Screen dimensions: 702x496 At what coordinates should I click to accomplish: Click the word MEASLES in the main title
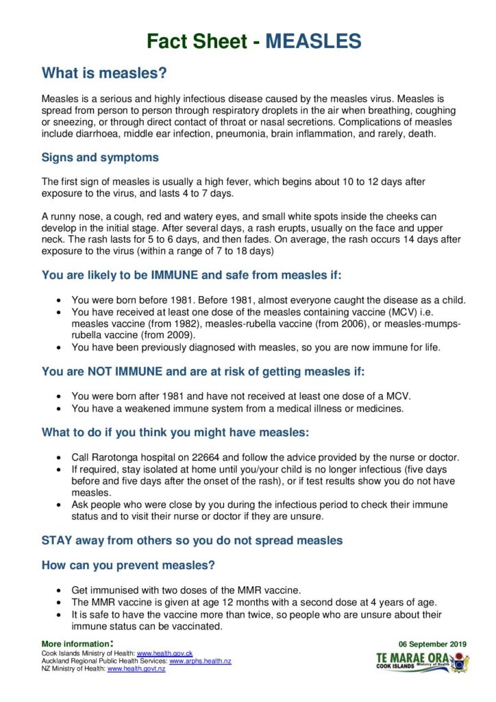313,42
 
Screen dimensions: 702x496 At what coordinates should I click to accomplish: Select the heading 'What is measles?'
104,73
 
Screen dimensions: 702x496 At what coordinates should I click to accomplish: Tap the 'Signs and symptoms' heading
100,158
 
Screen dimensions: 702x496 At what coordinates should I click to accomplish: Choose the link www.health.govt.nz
136,668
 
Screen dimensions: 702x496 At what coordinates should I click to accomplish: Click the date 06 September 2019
432,644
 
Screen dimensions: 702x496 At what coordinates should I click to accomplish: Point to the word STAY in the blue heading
58,540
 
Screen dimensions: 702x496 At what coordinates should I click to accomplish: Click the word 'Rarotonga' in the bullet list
114,457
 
